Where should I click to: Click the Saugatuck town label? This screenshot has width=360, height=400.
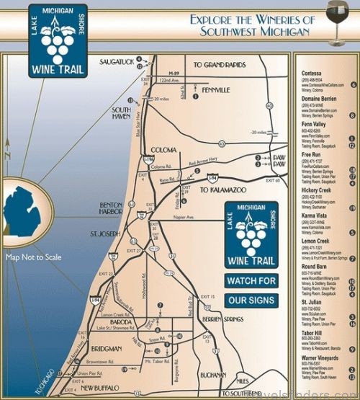pos(117,62)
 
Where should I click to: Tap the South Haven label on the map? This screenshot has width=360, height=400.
pos(120,113)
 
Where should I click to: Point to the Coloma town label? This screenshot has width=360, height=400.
pos(164,130)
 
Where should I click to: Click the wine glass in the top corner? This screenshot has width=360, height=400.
pos(336,14)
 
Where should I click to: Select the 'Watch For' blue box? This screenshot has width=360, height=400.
pos(251,280)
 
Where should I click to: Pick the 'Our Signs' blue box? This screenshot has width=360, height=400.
pos(251,300)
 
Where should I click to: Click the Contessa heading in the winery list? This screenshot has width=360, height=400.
pos(315,74)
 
